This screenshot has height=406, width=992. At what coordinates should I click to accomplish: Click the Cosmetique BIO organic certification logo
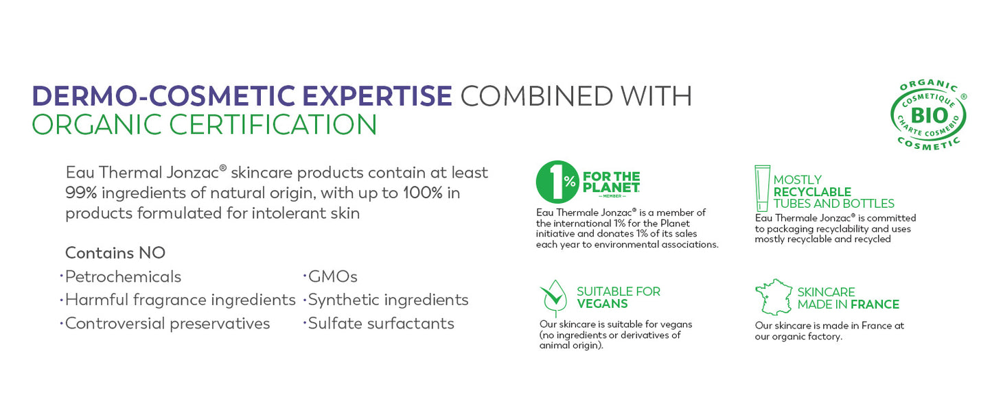point(929,115)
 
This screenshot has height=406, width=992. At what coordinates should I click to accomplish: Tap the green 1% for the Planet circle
point(557,182)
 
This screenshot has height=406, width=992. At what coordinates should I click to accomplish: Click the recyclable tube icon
point(762,189)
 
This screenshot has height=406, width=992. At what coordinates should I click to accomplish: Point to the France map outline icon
point(774,297)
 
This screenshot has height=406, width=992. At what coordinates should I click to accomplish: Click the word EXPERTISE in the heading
point(377,96)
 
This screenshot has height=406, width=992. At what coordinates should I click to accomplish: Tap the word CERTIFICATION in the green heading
point(273,125)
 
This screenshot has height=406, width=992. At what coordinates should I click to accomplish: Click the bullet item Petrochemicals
point(123,277)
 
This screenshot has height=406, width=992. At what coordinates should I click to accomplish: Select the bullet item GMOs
point(332,277)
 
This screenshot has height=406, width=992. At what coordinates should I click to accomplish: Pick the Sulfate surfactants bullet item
point(381,324)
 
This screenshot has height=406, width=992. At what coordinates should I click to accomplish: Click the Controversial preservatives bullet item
point(168,324)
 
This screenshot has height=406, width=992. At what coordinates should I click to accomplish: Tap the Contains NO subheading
point(115,253)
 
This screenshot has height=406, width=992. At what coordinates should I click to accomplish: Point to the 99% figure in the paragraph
point(81,193)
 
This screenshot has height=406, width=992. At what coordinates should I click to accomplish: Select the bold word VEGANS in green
point(602,304)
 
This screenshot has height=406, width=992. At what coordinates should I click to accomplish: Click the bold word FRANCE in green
point(875,304)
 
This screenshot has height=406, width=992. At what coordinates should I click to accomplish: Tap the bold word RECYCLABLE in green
point(812,192)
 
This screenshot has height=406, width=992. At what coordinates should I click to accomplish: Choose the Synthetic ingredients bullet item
point(388,300)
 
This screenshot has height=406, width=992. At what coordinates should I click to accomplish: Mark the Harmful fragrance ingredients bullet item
point(181,300)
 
